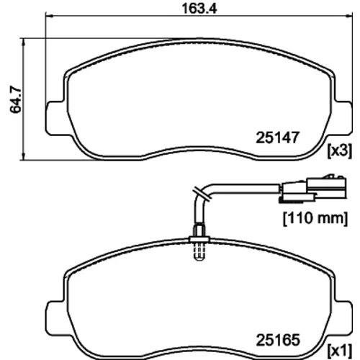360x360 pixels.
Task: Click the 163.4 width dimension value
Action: tap(199, 9)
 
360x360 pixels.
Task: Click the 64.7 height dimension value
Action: tap(16, 99)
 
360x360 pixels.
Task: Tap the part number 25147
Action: tap(278, 138)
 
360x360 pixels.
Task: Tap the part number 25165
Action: tap(278, 340)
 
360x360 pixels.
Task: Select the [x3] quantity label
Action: tap(340, 151)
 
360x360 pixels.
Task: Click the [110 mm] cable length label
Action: tap(315, 218)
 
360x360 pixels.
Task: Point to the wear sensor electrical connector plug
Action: tap(312, 189)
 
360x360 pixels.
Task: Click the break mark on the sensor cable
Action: tap(202, 193)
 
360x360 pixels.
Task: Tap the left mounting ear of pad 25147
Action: tap(55, 117)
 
